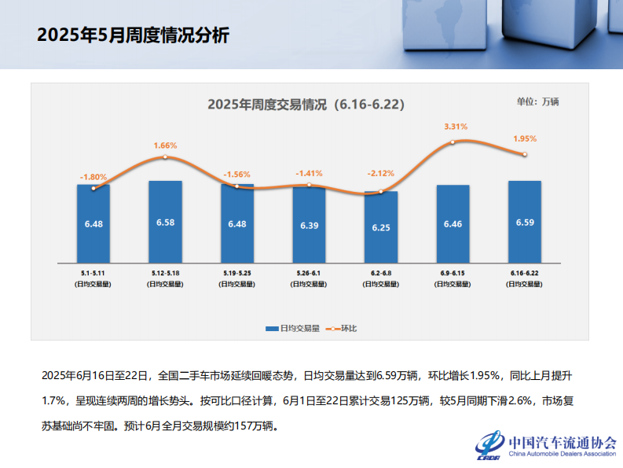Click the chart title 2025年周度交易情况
coord(306,104)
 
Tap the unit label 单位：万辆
coord(538,101)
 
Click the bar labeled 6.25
coord(381,227)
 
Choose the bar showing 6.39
coord(309,224)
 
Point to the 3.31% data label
coord(456,126)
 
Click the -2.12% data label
coord(381,173)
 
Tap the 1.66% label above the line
coord(165,146)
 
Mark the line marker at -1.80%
coord(93,188)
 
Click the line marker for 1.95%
coord(525,154)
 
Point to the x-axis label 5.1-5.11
coord(93,273)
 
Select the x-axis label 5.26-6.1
coord(309,273)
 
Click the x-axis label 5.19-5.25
coord(236,273)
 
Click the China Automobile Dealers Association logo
coord(545,446)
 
